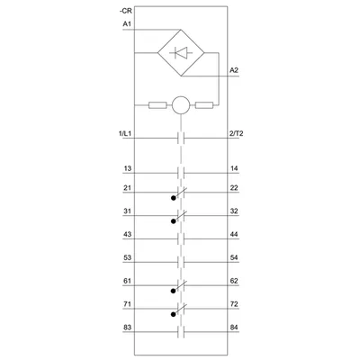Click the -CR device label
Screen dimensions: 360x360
tap(126, 12)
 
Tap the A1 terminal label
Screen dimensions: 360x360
tap(127, 24)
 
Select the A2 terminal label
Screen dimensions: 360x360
tap(234, 70)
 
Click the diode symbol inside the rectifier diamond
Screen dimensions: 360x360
tap(181, 53)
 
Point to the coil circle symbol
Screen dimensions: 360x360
tap(181, 105)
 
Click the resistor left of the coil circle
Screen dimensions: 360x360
tap(157, 105)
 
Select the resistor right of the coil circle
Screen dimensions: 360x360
tap(204, 105)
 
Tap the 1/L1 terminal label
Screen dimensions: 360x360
tap(125, 134)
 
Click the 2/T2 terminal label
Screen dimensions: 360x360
tap(236, 134)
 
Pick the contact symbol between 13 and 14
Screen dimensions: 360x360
tap(181, 173)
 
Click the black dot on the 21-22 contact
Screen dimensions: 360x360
tap(173, 198)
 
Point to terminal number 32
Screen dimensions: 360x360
tap(234, 211)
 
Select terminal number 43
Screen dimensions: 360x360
tap(128, 234)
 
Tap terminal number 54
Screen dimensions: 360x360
tap(234, 257)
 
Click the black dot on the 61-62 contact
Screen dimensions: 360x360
tap(173, 291)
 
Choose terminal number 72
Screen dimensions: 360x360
tap(234, 304)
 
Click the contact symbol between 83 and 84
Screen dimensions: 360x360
tap(181, 332)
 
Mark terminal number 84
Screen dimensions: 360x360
tap(234, 328)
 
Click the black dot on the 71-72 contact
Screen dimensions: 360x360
tap(173, 314)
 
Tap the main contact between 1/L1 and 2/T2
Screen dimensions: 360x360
tap(181, 139)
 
